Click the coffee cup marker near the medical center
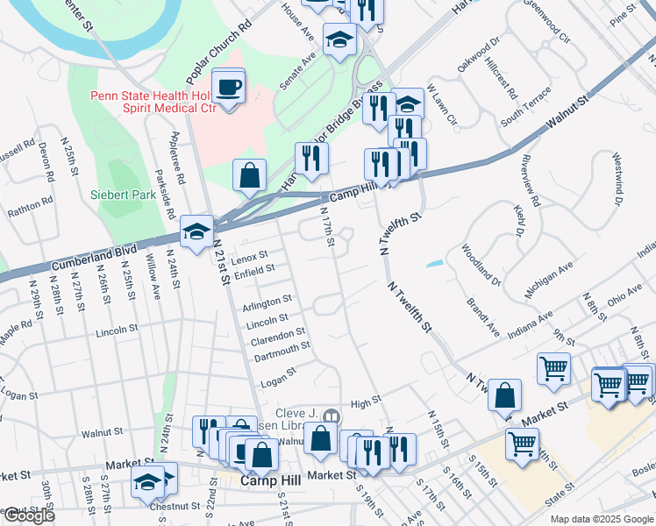[x=229, y=88]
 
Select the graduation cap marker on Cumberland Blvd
[x=196, y=232]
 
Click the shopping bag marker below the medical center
[x=250, y=174]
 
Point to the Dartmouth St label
[x=282, y=347]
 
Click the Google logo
[x=29, y=515]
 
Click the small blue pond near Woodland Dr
[x=436, y=263]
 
